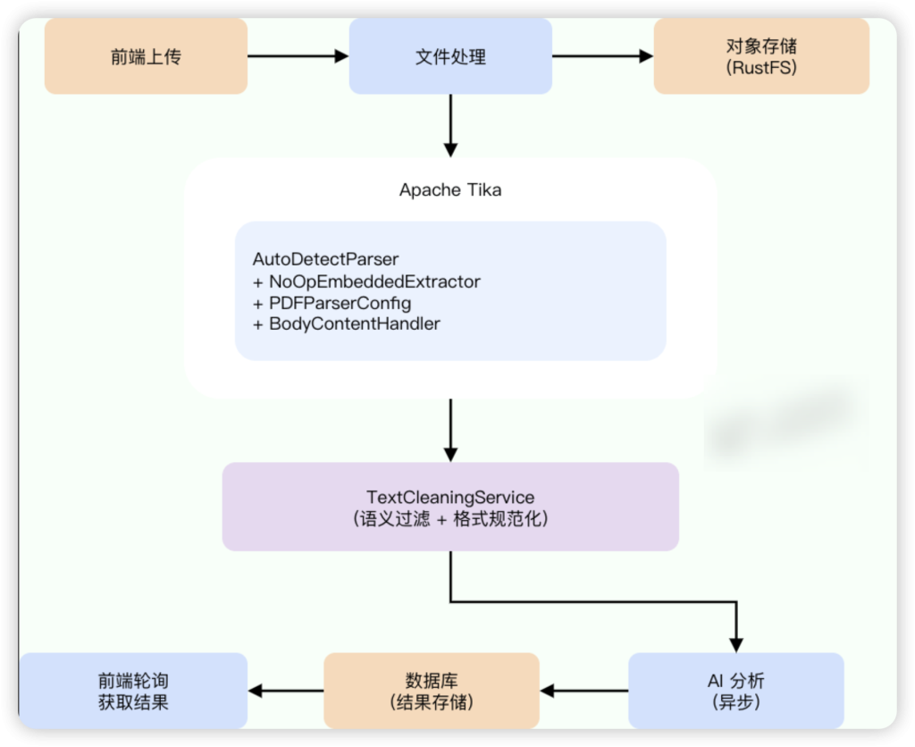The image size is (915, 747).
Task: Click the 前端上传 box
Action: [x=146, y=56]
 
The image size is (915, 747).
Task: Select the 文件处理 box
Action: [x=450, y=56]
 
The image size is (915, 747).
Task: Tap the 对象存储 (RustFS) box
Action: [x=761, y=56]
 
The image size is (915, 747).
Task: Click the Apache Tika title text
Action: [x=450, y=189]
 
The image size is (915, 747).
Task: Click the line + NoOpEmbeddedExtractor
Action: [x=366, y=281]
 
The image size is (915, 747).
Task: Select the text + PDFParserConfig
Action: [x=332, y=303]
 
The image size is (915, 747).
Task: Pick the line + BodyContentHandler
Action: [x=347, y=324]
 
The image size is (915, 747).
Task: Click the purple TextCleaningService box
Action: [x=450, y=506]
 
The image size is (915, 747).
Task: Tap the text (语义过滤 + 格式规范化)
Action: [x=450, y=519]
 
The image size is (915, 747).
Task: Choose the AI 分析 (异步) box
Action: [x=736, y=690]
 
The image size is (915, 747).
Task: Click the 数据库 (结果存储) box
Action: [x=432, y=690]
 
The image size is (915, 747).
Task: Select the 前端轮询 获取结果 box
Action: [x=133, y=690]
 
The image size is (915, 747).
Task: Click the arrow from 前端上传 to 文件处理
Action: [x=298, y=56]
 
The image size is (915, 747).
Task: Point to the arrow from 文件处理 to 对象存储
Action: [x=602, y=56]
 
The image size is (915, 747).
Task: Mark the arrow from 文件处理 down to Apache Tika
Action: [x=450, y=125]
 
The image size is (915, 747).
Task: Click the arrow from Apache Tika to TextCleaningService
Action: [x=450, y=429]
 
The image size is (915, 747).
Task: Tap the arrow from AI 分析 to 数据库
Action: [x=584, y=690]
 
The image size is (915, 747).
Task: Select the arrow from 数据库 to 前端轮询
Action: [x=286, y=690]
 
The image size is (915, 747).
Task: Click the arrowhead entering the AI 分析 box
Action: [x=736, y=643]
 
